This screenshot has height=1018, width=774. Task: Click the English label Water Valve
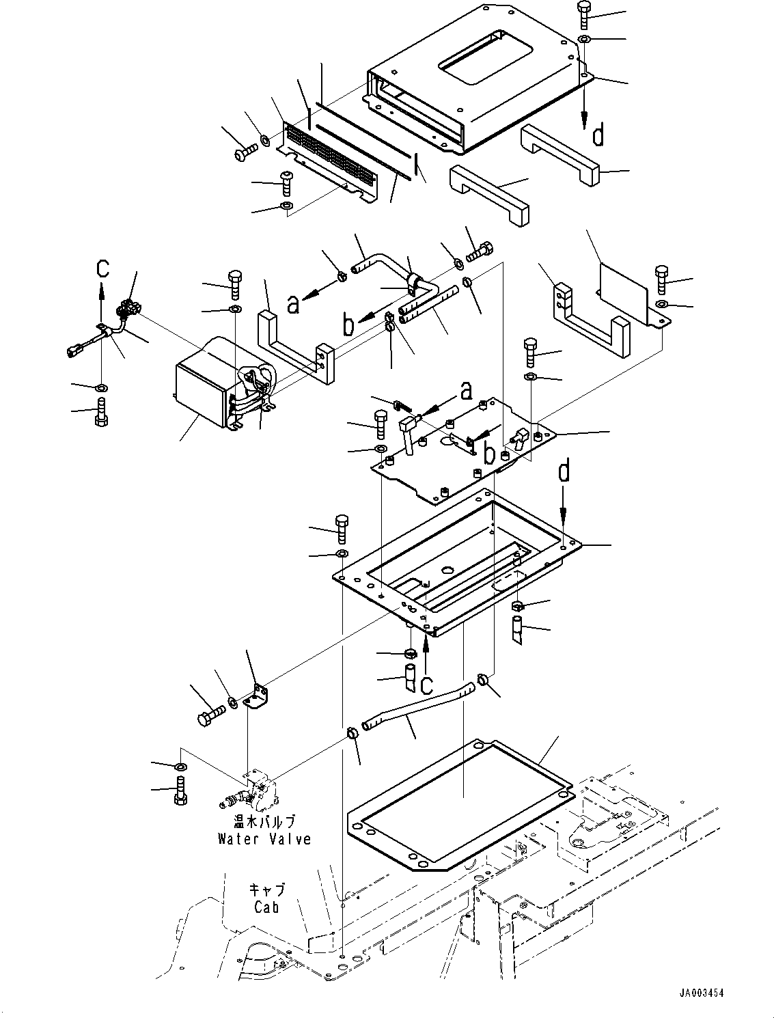(264, 838)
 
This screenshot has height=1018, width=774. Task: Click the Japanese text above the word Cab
(266, 890)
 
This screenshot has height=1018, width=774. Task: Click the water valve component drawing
(253, 788)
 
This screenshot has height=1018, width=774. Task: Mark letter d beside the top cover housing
(598, 136)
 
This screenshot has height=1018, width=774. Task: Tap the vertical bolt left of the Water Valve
(180, 790)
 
